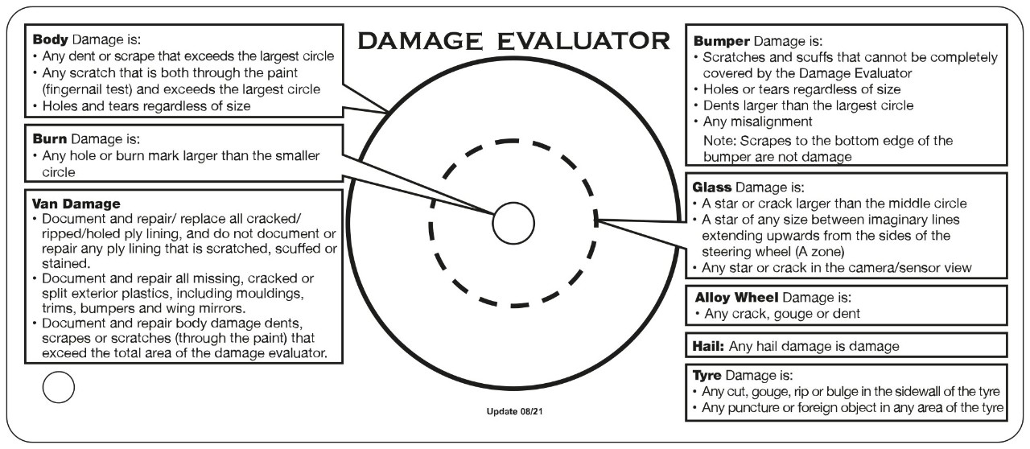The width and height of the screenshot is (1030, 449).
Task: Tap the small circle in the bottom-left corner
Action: click(58, 387)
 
